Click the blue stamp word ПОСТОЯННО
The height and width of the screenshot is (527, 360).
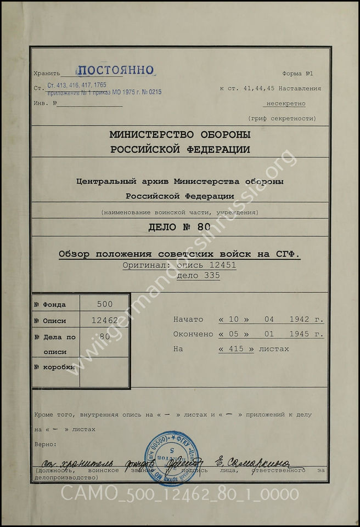tap(115, 70)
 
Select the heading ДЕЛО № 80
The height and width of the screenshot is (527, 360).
tap(179, 228)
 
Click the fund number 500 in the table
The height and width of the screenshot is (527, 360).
tap(104, 304)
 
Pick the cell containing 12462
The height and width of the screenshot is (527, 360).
tap(104, 321)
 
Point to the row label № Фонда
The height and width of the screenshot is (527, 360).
tap(50, 305)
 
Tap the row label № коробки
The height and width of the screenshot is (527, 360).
tap(54, 367)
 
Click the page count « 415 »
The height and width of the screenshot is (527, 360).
tap(236, 349)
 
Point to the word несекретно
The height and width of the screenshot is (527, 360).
tap(286, 103)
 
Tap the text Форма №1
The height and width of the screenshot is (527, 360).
tap(297, 73)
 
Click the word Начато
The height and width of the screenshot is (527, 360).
tap(188, 319)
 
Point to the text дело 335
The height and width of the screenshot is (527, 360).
tap(198, 276)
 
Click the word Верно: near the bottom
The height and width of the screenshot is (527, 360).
tap(45, 443)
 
